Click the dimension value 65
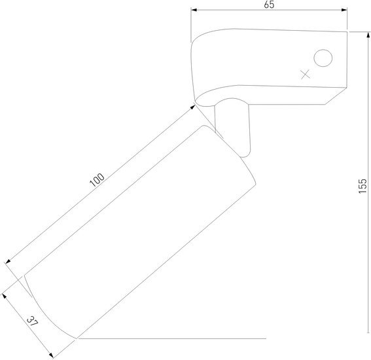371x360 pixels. [x=269, y=5]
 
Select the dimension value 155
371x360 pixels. [x=362, y=186]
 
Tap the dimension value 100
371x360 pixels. [x=97, y=180]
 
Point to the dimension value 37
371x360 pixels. [x=32, y=321]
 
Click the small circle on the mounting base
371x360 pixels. [x=323, y=58]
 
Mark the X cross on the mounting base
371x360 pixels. [x=306, y=75]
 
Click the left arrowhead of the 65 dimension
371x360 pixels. [x=194, y=10]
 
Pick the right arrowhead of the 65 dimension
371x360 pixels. [x=344, y=10]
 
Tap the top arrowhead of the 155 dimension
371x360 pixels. [x=368, y=35]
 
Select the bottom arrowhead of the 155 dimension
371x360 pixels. [x=368, y=330]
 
